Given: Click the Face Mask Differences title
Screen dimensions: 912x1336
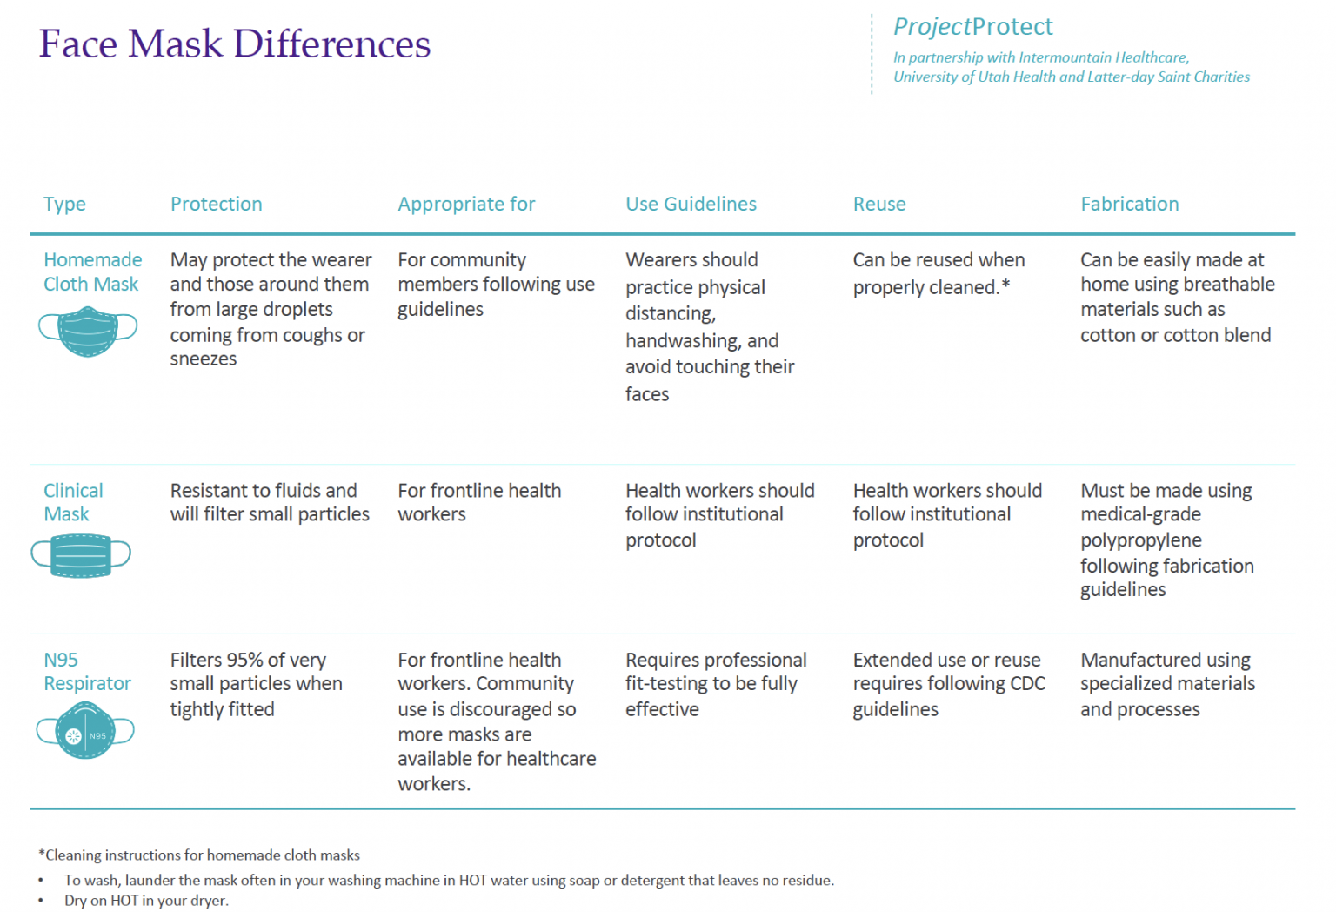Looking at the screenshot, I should point(235,44).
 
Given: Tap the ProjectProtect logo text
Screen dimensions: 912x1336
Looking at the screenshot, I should point(972,27).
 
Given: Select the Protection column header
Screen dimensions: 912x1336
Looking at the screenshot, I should point(216,204).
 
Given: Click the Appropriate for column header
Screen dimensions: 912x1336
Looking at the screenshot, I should point(466,204).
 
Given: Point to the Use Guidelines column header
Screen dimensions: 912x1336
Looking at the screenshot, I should point(691,204).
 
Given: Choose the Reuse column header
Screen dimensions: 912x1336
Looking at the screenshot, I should point(879,204).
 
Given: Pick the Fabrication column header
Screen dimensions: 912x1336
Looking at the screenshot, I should point(1129,204).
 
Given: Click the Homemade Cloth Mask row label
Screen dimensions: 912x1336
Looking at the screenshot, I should point(92,272).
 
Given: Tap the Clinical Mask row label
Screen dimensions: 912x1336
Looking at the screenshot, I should point(73,502).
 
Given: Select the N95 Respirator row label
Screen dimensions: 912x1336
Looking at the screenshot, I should point(87,671).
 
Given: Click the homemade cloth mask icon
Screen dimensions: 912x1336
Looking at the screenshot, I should point(88,331).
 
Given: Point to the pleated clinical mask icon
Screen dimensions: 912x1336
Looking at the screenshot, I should point(81,555).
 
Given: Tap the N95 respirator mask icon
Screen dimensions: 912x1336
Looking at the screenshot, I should point(85,732).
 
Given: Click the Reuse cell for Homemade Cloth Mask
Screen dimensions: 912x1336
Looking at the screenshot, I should point(938,273).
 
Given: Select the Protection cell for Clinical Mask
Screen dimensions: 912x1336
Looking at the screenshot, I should point(270,502).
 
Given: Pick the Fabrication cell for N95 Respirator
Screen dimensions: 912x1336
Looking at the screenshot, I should point(1167,684).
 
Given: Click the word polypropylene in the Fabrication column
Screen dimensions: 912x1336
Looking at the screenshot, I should point(1140,540).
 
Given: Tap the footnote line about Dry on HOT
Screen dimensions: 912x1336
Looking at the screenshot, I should point(146,901).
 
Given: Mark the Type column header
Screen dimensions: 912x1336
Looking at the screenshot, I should point(64,204).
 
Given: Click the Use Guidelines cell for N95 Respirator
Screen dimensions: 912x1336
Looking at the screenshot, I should point(715,684).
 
